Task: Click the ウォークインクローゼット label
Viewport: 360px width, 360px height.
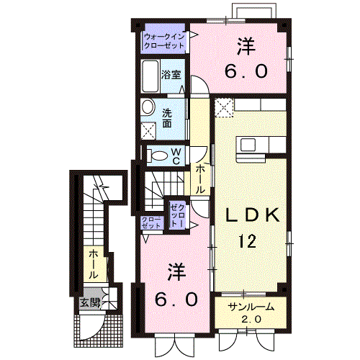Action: point(163,40)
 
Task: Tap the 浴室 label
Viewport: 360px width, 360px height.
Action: point(170,74)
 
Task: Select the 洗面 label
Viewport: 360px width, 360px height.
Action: point(167,117)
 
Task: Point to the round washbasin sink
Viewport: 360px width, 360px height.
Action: point(148,108)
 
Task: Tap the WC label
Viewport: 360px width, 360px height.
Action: point(175,155)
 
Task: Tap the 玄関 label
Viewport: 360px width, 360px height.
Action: point(90,302)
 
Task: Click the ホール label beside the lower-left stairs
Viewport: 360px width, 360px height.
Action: point(94,264)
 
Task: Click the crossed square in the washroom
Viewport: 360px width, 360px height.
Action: point(150,130)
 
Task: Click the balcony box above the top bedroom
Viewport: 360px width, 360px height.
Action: point(253,9)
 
